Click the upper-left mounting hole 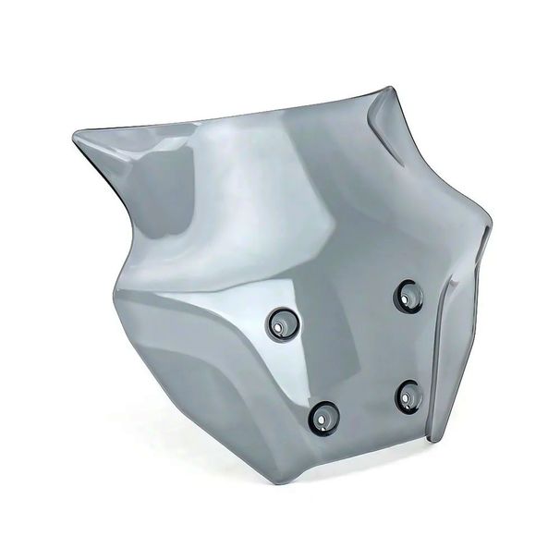(283, 323)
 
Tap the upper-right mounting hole (408, 296)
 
